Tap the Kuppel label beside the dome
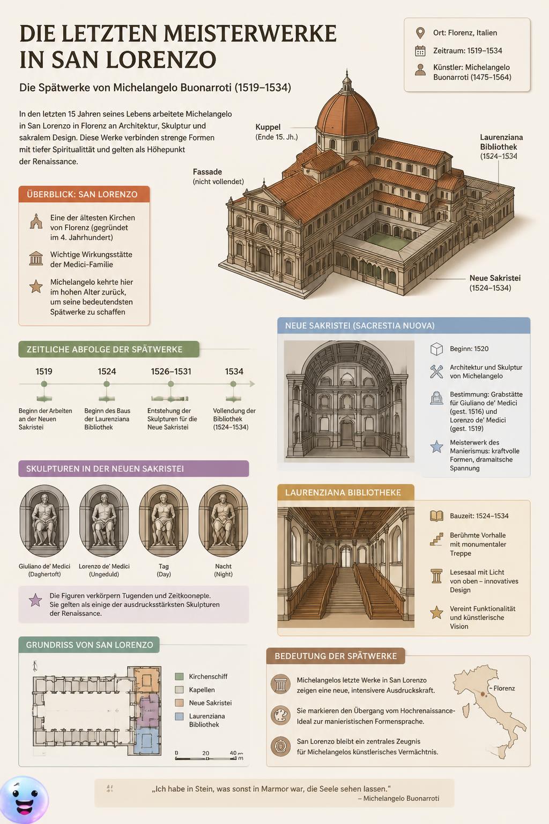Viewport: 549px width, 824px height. [x=268, y=127]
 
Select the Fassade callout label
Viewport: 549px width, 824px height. [x=207, y=172]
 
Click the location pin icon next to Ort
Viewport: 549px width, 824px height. [x=420, y=33]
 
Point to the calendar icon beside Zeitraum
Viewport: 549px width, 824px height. [x=420, y=51]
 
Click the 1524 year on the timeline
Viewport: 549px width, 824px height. [x=107, y=372]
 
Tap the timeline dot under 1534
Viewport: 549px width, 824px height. [x=233, y=384]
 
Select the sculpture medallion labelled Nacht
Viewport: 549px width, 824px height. [x=223, y=520]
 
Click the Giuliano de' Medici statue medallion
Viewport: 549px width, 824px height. [x=44, y=520]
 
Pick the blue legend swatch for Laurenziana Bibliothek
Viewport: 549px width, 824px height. [x=179, y=716]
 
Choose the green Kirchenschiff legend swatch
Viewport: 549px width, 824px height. [x=179, y=676]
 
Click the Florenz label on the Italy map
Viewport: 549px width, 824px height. [x=504, y=688]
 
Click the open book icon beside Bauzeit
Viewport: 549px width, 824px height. [x=436, y=516]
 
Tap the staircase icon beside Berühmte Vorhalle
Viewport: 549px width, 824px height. [x=436, y=539]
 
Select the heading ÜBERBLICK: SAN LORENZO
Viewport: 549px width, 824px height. [x=82, y=194]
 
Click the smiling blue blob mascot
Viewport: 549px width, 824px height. [x=24, y=800]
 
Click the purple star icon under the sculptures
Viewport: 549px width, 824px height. [x=35, y=600]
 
